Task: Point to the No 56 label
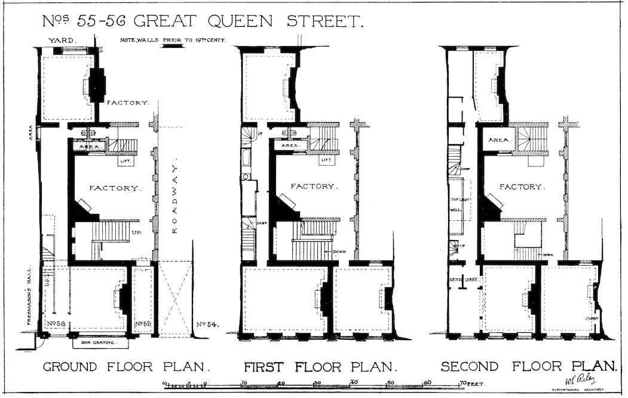(x=54, y=324)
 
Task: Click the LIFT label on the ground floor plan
(x=126, y=161)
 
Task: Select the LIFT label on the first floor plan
(x=325, y=160)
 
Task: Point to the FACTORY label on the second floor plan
(x=522, y=187)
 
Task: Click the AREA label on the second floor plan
(x=498, y=140)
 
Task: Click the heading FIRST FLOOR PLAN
(x=320, y=366)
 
